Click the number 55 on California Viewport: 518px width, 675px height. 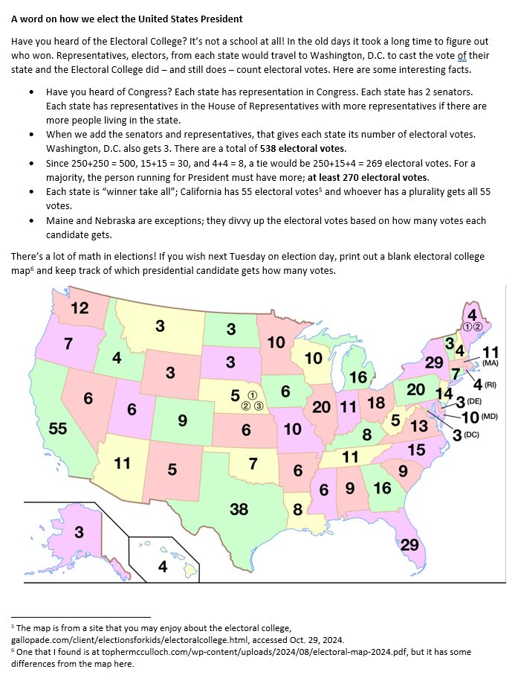point(58,428)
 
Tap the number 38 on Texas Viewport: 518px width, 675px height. point(239,509)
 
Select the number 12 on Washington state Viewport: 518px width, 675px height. point(80,308)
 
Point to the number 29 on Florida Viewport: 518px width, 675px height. point(409,545)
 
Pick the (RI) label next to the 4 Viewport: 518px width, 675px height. point(490,385)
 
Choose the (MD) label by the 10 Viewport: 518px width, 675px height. point(488,417)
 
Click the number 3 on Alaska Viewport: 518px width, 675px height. point(78,532)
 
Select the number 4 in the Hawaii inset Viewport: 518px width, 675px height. point(163,567)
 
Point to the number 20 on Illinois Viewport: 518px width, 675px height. point(321,407)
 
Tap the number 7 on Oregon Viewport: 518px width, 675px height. point(68,344)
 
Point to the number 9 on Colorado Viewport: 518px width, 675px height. point(182,420)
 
